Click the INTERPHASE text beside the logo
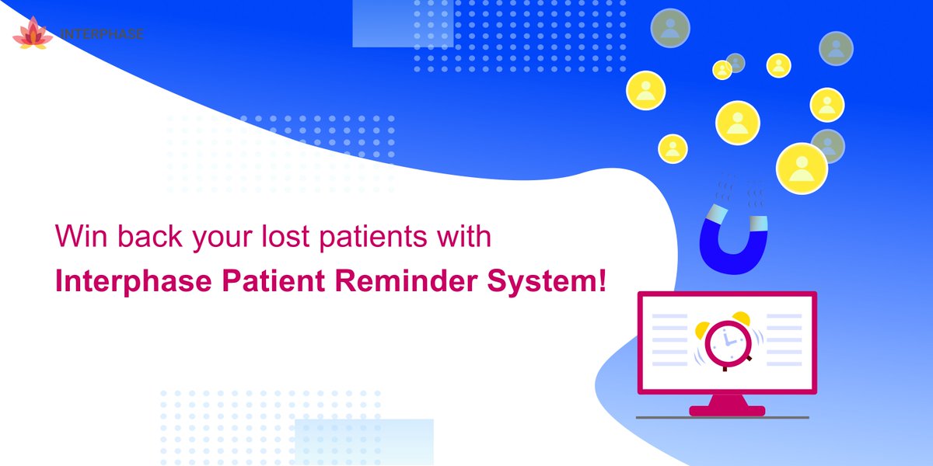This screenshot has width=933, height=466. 101,35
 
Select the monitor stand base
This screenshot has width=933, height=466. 727,409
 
